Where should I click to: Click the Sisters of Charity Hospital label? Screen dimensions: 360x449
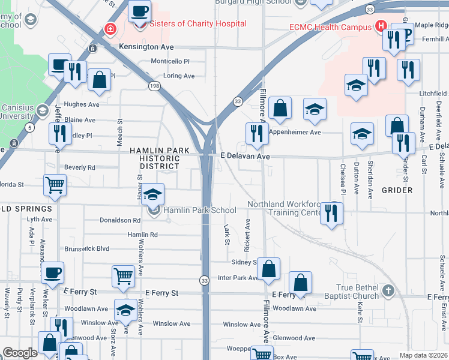189,24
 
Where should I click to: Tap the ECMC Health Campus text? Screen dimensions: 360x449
330,27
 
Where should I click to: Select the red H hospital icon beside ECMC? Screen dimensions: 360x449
379,26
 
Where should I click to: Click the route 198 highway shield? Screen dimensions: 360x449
155,86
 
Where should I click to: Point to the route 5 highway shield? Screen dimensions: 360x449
29,127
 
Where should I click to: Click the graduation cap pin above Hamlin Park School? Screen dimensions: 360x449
153,194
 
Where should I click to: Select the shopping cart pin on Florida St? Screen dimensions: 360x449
55,185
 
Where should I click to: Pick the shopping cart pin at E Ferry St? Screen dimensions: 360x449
123,276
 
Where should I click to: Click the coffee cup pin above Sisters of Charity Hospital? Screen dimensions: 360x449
139,12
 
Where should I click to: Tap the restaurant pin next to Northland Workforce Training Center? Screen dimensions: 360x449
331,213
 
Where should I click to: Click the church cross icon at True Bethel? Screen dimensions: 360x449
388,291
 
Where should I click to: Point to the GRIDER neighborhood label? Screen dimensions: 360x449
397,190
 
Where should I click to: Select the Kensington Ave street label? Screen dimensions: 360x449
146,46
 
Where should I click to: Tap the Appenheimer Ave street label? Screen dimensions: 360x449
295,132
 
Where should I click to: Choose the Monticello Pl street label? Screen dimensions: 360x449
170,61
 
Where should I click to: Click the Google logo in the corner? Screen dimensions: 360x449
20,353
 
